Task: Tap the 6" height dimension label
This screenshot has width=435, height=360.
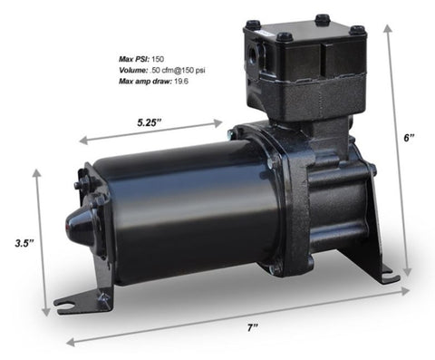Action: coord(410,138)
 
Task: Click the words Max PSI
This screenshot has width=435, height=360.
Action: coord(134,57)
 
